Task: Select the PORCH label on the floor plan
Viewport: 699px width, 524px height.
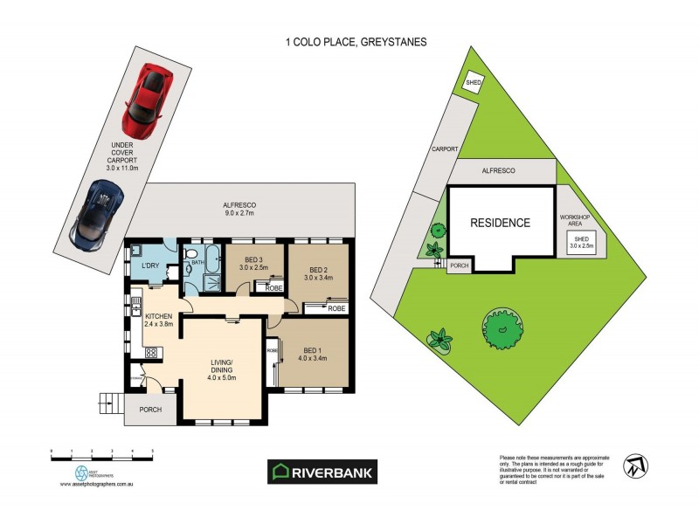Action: [149, 409]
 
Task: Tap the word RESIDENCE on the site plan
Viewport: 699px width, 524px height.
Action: [500, 223]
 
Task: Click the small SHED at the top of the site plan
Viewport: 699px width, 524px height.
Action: [474, 83]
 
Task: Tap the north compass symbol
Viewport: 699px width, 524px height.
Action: [634, 466]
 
